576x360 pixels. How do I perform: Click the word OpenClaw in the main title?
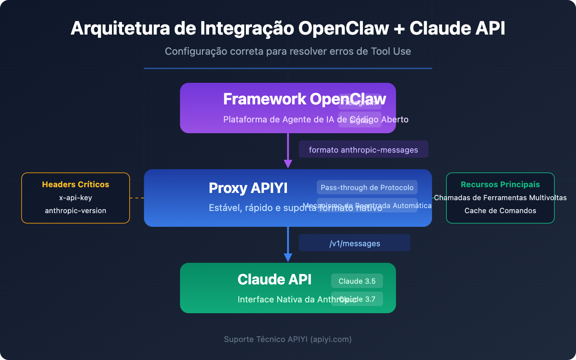(x=343, y=28)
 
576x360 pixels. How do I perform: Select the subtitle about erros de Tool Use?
(x=288, y=51)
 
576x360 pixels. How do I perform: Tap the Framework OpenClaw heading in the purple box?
(x=304, y=99)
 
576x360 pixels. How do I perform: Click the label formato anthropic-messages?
(x=363, y=150)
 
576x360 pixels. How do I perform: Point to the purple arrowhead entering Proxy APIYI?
(x=288, y=164)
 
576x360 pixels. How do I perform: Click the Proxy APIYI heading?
(x=248, y=188)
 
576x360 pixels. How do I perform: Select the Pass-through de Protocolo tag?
(x=367, y=188)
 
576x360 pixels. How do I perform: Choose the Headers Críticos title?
(x=76, y=184)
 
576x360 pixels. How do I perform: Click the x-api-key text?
(x=76, y=198)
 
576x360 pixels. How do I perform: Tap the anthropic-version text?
(x=76, y=211)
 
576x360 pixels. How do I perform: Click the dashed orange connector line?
(x=137, y=198)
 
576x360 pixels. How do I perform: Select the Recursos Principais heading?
(x=500, y=184)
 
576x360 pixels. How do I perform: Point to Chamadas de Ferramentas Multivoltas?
(x=500, y=198)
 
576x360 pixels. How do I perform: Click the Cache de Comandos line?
(x=500, y=211)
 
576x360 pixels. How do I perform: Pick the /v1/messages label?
(x=355, y=243)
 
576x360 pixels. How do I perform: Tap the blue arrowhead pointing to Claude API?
(x=288, y=257)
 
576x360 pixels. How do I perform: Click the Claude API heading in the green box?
(x=274, y=280)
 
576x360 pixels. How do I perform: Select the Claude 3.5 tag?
(x=357, y=281)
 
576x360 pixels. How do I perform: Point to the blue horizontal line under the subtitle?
(x=288, y=68)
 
